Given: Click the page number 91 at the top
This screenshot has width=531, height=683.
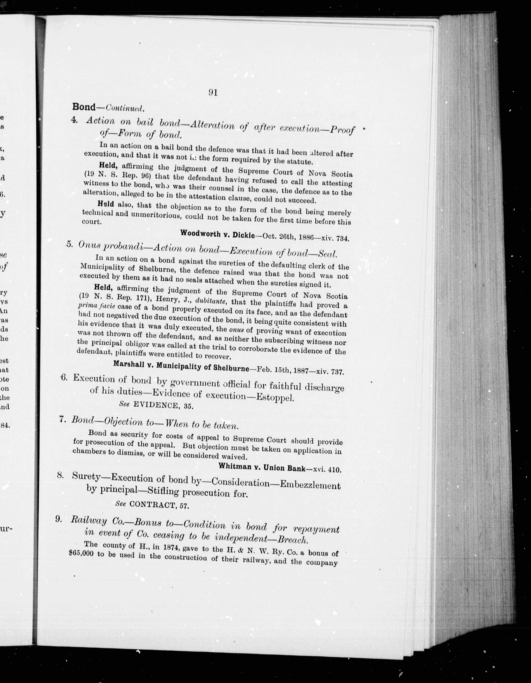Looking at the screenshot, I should tap(213, 93).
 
